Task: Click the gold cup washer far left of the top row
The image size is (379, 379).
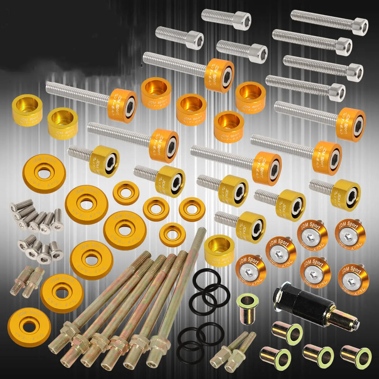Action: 27,110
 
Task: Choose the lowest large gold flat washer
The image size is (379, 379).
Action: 29,327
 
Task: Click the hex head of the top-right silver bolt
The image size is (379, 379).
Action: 359,27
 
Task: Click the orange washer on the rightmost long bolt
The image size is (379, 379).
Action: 351,125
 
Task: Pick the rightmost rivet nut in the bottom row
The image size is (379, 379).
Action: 356,357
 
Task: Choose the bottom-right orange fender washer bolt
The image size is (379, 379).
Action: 353,279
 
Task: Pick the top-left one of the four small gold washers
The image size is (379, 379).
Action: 126,192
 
